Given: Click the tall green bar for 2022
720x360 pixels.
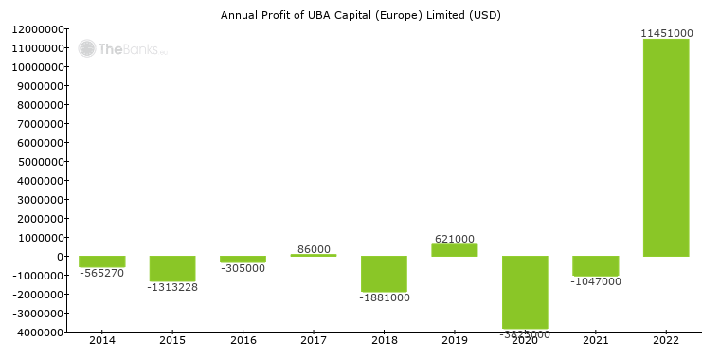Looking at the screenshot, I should [x=666, y=148].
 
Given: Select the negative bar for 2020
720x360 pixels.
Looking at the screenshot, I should [x=525, y=292].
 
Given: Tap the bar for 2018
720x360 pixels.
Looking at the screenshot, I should [x=384, y=274].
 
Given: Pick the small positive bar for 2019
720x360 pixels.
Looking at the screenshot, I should [x=455, y=250].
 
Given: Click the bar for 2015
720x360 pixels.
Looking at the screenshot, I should [x=172, y=268].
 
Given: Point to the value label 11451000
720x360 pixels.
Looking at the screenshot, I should [x=666, y=33].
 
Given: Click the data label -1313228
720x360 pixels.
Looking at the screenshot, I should [x=172, y=287].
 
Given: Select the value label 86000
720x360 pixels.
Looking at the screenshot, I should [x=314, y=249].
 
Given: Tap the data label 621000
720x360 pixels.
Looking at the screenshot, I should [x=455, y=239].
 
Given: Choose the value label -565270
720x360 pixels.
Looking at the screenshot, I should [x=101, y=273].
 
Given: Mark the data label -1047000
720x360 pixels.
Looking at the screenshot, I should [x=596, y=282].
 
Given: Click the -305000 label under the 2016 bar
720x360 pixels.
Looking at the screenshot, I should [x=243, y=268].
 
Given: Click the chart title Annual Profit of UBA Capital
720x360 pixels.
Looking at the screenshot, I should [x=361, y=15].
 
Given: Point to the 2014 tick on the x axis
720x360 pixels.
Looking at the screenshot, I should [x=101, y=340].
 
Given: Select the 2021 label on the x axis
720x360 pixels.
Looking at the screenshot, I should [x=596, y=340].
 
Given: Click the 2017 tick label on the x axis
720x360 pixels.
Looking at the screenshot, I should [x=314, y=340].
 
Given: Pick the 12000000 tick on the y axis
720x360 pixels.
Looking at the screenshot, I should [x=38, y=29].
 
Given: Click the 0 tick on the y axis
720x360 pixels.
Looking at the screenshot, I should [x=61, y=257].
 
